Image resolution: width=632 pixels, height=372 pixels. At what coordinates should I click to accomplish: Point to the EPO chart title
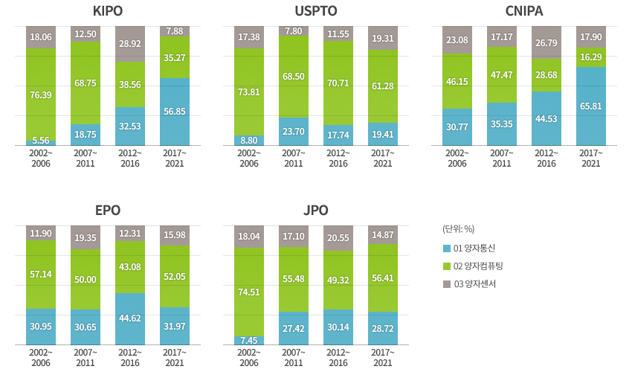pyautogui.click(x=108, y=210)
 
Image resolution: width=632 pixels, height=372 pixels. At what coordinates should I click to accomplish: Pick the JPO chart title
pyautogui.click(x=316, y=210)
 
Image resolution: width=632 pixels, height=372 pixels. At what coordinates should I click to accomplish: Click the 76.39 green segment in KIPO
pyautogui.click(x=41, y=94)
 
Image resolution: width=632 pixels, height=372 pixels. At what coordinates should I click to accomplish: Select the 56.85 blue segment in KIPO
pyautogui.click(x=175, y=112)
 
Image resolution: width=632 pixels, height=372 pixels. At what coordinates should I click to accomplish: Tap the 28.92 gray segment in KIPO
pyautogui.click(x=130, y=44)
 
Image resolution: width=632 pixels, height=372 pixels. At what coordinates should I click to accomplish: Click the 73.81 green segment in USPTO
pyautogui.click(x=249, y=92)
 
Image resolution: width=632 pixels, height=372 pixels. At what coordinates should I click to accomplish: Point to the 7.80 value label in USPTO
pyautogui.click(x=294, y=31)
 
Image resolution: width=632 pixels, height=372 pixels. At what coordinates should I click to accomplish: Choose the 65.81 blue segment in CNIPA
pyautogui.click(x=591, y=106)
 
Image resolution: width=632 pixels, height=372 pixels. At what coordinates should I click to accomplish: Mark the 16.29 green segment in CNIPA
pyautogui.click(x=591, y=57)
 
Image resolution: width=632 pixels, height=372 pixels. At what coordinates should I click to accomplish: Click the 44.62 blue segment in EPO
pyautogui.click(x=130, y=319)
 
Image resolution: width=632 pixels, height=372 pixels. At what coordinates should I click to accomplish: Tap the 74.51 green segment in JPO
pyautogui.click(x=249, y=292)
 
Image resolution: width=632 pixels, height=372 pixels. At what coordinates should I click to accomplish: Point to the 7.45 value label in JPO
pyautogui.click(x=249, y=340)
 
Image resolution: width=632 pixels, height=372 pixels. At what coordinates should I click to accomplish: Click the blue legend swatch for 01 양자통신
pyautogui.click(x=446, y=247)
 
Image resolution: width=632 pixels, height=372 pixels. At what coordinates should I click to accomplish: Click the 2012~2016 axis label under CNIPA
pyautogui.click(x=546, y=158)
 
